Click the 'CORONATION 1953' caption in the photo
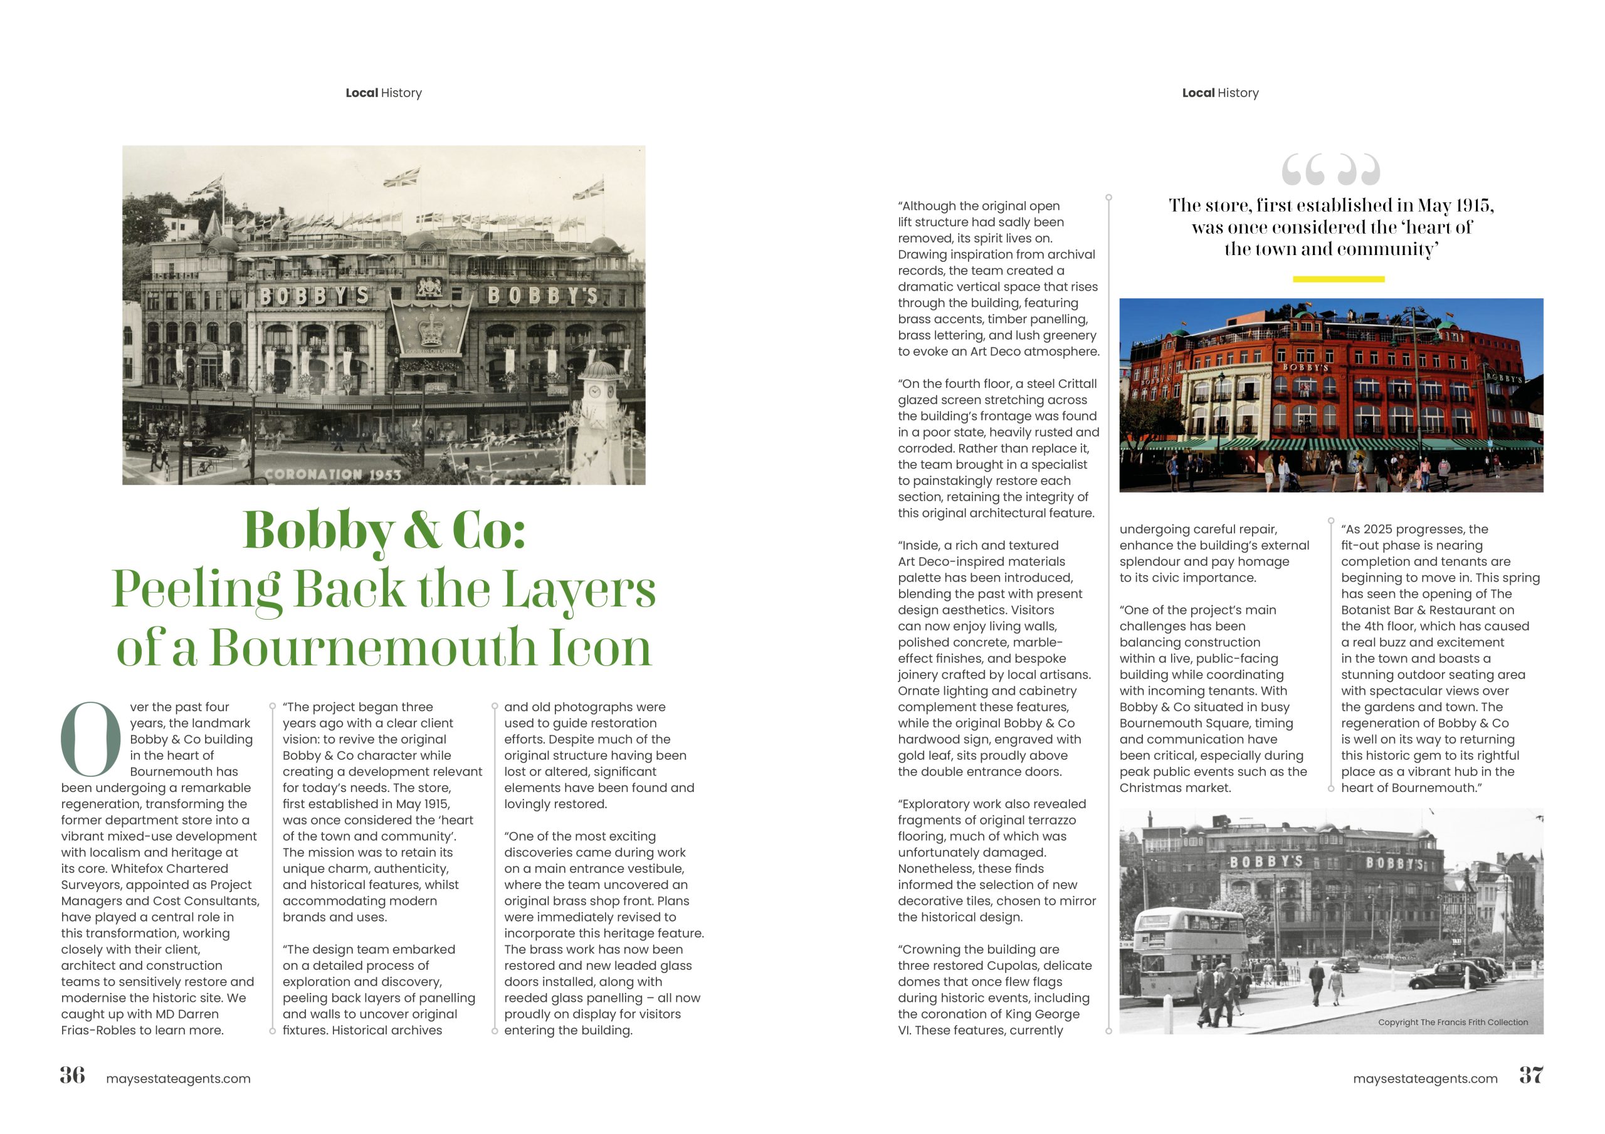(x=333, y=474)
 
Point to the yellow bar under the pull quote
(x=1338, y=279)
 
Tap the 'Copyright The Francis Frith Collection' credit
(x=1453, y=1022)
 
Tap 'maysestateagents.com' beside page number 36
(x=178, y=1079)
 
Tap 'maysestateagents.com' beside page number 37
(x=1424, y=1079)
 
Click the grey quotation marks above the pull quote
(x=1330, y=170)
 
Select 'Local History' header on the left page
(x=383, y=93)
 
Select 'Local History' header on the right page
(x=1220, y=93)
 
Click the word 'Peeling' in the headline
(x=196, y=590)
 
